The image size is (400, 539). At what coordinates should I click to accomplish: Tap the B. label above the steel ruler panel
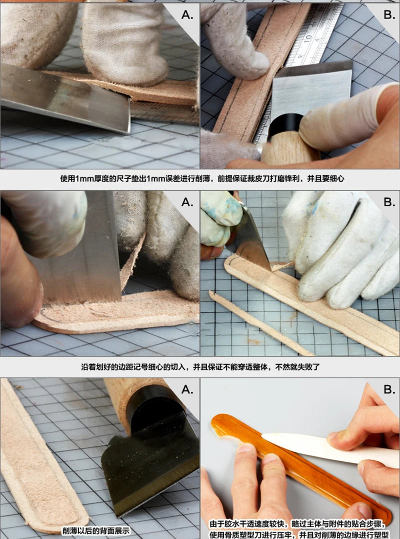389,15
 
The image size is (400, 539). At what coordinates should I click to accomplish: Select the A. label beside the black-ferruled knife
187,389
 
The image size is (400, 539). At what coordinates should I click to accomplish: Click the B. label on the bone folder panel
389,389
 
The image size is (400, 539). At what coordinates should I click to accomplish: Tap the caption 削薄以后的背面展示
96,531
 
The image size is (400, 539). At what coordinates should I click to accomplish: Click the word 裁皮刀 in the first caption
243,178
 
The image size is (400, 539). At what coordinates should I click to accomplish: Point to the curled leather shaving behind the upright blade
132,261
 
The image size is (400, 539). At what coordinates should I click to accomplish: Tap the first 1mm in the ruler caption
82,178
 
